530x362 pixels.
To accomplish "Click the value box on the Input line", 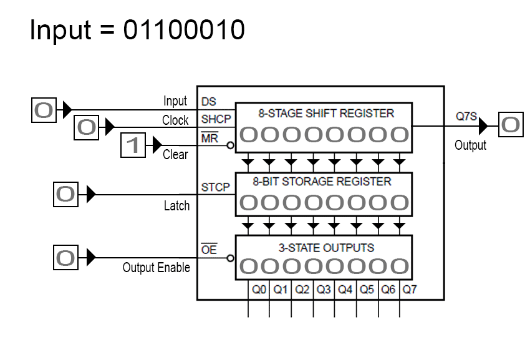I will point(44,110).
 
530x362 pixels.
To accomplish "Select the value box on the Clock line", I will point(87,127).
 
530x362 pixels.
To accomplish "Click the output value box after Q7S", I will point(510,125).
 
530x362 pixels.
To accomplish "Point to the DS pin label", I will point(209,102).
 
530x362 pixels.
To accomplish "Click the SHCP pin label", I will point(215,119).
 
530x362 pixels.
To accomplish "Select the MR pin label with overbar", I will point(210,139).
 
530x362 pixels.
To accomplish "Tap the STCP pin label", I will point(215,187).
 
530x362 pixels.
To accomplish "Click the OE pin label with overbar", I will point(209,250).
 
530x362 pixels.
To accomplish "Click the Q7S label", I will point(466,116).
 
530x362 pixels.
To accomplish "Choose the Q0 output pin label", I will point(259,290).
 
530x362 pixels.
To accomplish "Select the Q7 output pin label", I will point(410,290).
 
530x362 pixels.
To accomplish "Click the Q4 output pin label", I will point(345,290).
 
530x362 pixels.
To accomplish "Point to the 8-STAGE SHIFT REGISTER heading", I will point(326,114).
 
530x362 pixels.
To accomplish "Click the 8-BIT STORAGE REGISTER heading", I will point(322,182).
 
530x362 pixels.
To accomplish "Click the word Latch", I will point(176,206).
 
